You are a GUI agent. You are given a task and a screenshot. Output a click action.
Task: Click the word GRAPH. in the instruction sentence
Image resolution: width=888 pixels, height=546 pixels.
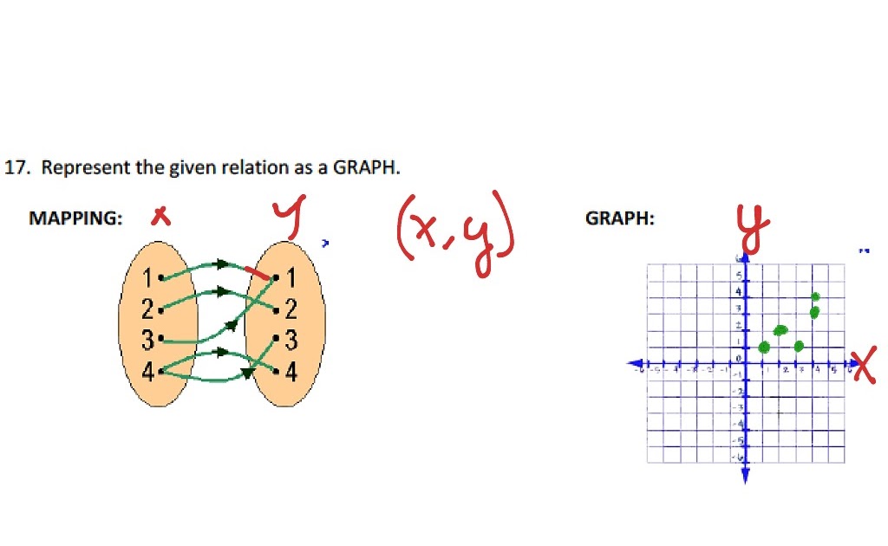coord(369,167)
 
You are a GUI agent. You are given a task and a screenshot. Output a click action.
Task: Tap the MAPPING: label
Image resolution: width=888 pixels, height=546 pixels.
coord(75,218)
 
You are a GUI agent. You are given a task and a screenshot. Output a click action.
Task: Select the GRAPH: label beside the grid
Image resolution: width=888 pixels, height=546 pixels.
coord(620,218)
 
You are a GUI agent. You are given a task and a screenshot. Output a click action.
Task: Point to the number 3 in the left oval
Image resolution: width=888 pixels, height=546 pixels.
coord(149,340)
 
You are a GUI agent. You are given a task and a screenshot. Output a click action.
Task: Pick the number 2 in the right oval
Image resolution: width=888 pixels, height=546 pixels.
coord(291,309)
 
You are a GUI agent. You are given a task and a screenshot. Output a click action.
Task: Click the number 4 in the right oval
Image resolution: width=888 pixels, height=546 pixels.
coord(291,373)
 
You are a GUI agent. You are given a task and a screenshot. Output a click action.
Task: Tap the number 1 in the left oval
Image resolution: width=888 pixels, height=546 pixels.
coord(148,278)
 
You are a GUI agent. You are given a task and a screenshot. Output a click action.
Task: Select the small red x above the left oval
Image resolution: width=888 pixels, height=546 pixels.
coord(160,216)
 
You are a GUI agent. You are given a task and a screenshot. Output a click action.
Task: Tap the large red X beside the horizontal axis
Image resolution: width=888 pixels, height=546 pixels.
coord(864,365)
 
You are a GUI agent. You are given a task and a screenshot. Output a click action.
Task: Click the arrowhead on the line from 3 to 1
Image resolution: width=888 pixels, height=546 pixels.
coord(232,325)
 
